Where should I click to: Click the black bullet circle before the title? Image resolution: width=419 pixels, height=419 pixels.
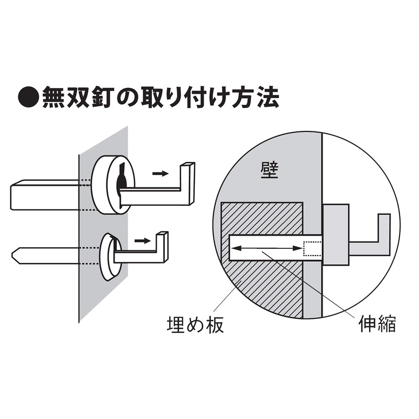(29, 97)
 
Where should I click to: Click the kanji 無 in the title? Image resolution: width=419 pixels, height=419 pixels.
(53, 97)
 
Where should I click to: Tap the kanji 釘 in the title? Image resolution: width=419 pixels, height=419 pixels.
(102, 97)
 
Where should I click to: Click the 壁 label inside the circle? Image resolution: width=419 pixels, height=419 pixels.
(270, 170)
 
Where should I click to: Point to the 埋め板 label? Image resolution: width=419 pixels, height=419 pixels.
(195, 324)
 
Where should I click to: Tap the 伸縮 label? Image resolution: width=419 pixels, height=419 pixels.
(377, 323)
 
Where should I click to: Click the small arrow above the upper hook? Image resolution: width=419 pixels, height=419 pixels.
(160, 174)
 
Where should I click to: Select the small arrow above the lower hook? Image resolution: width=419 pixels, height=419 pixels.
(142, 241)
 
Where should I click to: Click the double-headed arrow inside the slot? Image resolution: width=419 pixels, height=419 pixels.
(267, 248)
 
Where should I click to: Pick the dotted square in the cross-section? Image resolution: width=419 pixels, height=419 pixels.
(312, 248)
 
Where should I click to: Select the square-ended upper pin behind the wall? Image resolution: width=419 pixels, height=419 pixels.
(45, 194)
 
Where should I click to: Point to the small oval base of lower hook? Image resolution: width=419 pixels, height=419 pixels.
(110, 257)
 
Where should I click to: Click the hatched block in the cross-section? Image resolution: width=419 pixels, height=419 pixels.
(262, 289)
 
